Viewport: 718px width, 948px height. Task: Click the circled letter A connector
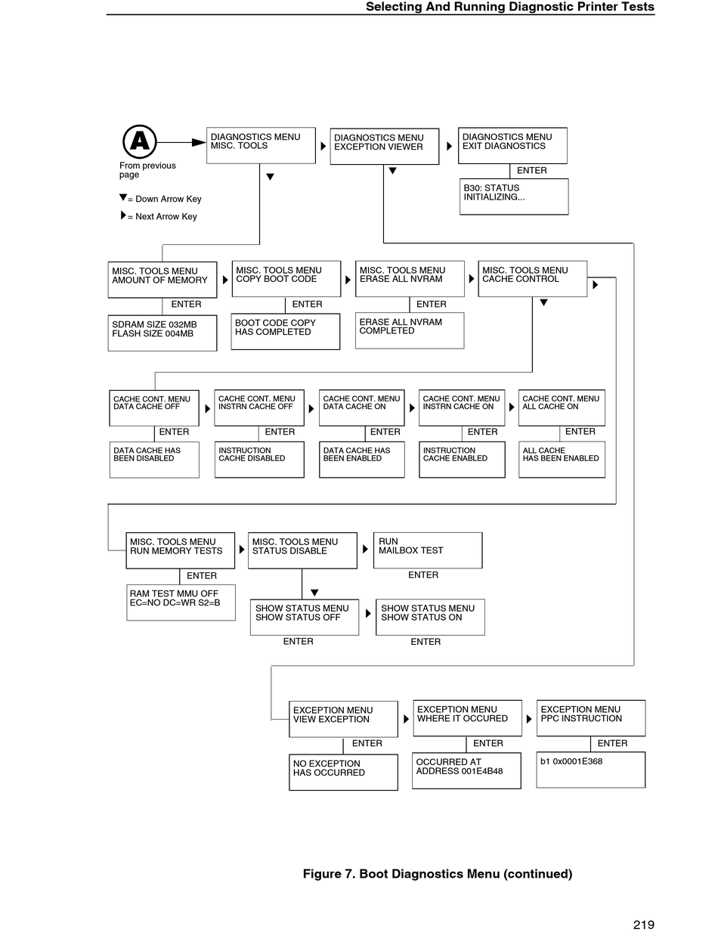tap(139, 141)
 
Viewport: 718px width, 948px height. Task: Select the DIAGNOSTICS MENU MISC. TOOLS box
tap(260, 145)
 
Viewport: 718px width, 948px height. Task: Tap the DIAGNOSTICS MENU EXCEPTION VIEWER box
tap(384, 146)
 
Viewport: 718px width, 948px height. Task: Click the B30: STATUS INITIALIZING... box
tap(513, 196)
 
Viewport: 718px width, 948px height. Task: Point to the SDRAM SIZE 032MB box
tap(162, 333)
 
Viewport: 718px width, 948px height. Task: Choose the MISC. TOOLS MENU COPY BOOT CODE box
tap(286, 278)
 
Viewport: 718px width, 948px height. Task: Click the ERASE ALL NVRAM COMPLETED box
tap(410, 330)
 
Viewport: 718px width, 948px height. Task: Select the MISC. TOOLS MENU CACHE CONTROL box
tap(532, 278)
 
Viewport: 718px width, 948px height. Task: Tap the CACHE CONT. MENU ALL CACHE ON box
tap(561, 407)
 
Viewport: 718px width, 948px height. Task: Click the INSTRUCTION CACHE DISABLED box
tap(259, 459)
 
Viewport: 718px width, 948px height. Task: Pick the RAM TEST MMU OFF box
tap(181, 602)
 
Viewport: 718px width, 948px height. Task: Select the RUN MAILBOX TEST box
tap(428, 550)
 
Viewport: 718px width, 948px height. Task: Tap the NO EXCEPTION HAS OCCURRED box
tap(343, 772)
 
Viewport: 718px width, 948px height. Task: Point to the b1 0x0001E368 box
tap(590, 770)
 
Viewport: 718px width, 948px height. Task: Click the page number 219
tap(643, 925)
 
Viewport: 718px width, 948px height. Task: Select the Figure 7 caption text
tap(437, 874)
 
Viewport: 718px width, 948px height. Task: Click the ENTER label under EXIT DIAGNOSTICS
tap(531, 171)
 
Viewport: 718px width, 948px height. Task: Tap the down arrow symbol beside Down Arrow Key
tap(123, 197)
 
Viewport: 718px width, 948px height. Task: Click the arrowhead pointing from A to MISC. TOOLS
tap(199, 142)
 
